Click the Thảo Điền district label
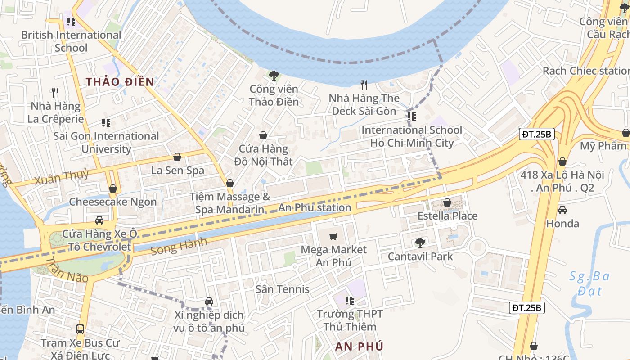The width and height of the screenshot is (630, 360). point(120,82)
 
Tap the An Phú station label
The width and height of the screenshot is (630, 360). point(315,207)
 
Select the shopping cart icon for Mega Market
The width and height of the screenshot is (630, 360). point(333,236)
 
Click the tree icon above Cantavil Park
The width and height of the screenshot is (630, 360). point(420,243)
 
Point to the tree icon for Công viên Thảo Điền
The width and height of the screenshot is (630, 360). point(274,75)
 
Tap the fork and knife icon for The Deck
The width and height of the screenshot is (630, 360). point(364,85)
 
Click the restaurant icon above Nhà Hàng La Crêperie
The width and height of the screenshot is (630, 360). point(55,93)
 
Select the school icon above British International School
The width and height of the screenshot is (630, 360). point(71,21)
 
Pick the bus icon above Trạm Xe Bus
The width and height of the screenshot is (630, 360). point(80,329)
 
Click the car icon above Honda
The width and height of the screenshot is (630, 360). point(562,210)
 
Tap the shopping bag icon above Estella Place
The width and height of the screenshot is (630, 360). point(447,202)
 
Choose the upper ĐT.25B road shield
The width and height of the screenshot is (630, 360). point(536,134)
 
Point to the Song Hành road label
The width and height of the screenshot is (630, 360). point(179,247)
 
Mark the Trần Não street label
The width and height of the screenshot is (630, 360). point(67,270)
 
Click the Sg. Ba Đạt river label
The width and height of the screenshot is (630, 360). point(589,283)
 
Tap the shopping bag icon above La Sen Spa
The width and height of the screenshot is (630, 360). point(177,157)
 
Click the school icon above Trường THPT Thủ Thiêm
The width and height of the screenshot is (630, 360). point(350,300)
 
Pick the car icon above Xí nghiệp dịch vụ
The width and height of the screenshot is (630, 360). point(209,301)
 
